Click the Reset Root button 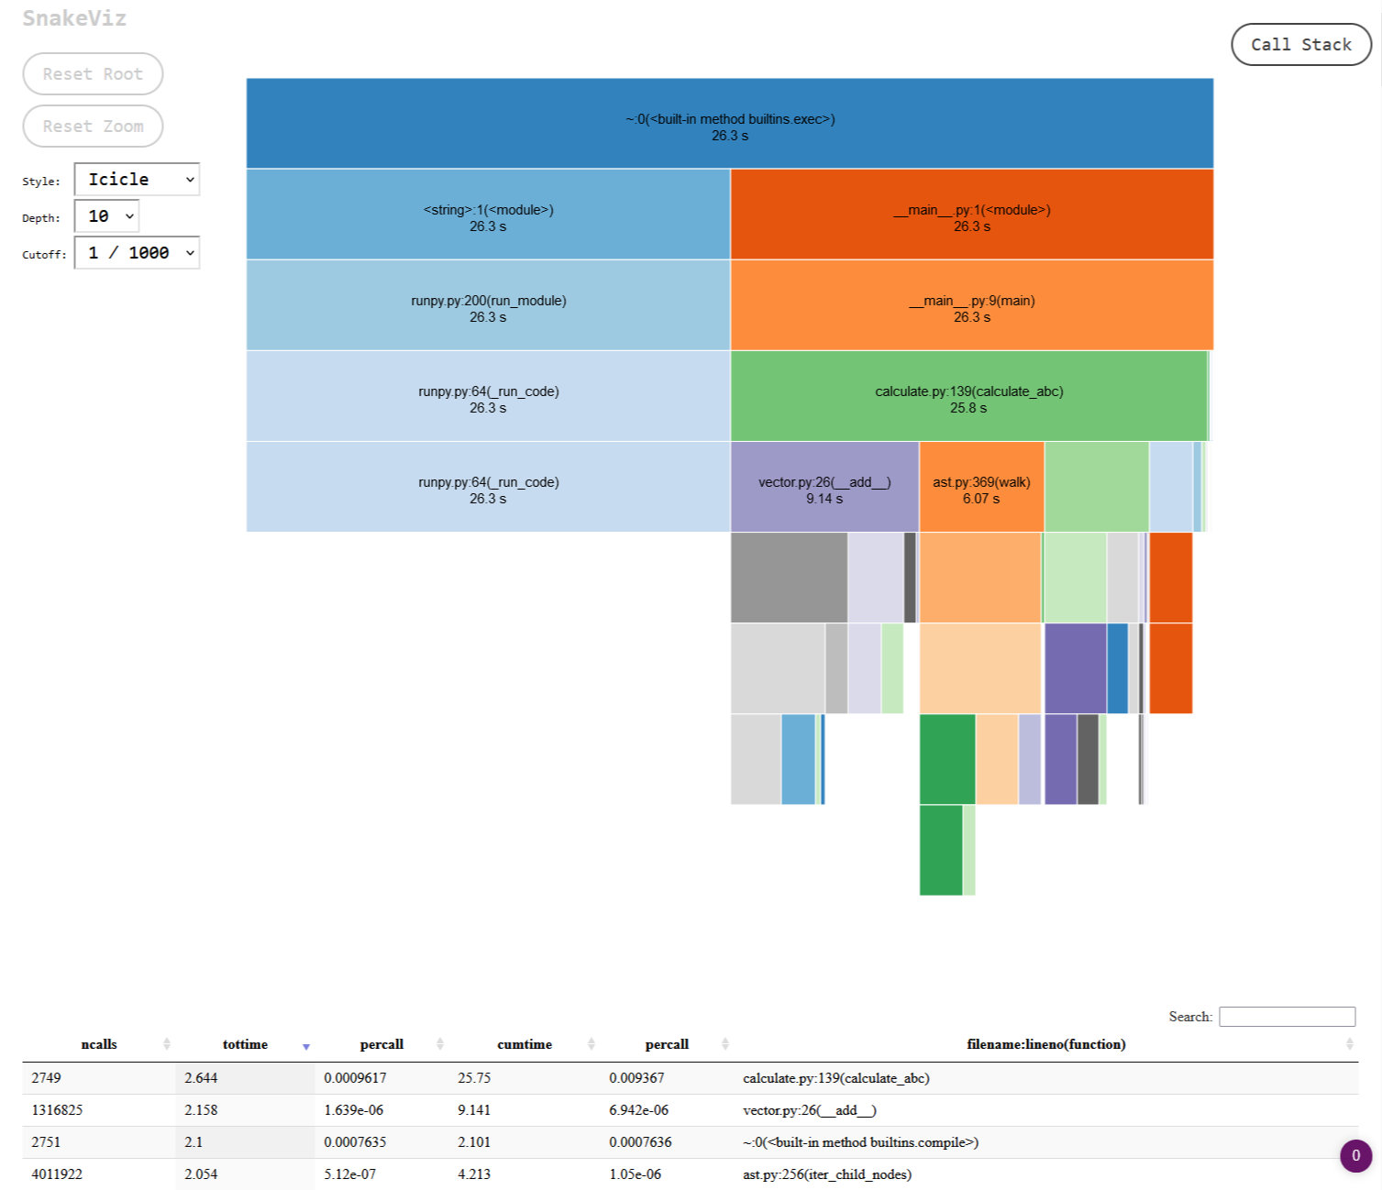[x=93, y=73]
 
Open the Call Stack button [x=1301, y=45]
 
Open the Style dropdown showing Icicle [x=137, y=179]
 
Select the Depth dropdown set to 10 [x=107, y=216]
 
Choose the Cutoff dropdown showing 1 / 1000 [x=137, y=253]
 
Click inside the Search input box [x=1287, y=1016]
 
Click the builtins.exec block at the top [x=729, y=123]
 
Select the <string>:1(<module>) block [x=488, y=214]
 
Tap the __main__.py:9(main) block [x=971, y=305]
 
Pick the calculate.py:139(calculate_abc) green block [x=968, y=396]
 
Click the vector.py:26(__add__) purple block [x=824, y=487]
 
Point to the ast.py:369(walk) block [x=981, y=487]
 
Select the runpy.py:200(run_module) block [x=488, y=305]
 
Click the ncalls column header [x=99, y=1044]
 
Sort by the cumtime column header [x=525, y=1044]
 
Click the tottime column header [x=246, y=1044]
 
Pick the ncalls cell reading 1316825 [x=57, y=1109]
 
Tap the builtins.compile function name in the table [x=860, y=1141]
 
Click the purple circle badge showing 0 [x=1356, y=1155]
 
